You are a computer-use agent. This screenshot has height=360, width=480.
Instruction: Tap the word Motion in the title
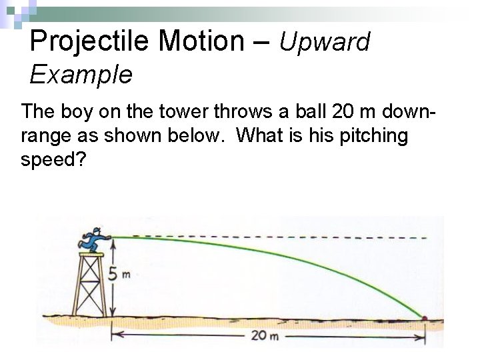[x=203, y=41]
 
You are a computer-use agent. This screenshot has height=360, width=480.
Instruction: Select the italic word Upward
[x=324, y=43]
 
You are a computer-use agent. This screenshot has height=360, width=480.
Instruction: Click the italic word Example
[x=81, y=75]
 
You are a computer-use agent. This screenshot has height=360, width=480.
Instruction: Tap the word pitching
[x=373, y=136]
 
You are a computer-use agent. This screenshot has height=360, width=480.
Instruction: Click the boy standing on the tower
[x=93, y=240]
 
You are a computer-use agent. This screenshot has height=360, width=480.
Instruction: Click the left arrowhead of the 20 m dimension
[x=114, y=335]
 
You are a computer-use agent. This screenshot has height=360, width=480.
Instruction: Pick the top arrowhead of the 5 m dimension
[x=113, y=243]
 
